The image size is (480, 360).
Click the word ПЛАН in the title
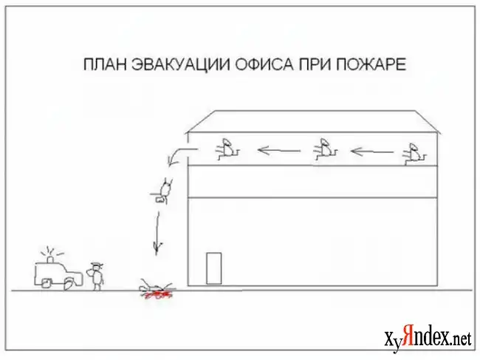(x=105, y=64)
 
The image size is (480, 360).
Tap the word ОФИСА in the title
(x=264, y=64)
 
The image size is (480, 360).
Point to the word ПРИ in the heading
(x=315, y=64)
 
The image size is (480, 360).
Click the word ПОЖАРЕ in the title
(x=371, y=64)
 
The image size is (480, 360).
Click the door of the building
(x=213, y=268)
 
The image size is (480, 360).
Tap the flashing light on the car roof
(x=50, y=259)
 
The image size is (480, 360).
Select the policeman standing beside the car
(x=97, y=276)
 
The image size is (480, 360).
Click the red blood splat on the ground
(x=157, y=295)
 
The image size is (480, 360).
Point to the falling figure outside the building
(x=163, y=191)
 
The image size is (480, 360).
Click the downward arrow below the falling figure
(x=157, y=233)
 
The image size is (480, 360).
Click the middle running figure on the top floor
(x=325, y=149)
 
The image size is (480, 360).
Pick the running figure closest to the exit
(x=227, y=149)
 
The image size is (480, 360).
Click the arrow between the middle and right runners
(x=372, y=152)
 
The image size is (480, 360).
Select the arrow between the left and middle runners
(x=278, y=150)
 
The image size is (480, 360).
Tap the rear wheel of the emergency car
(x=46, y=283)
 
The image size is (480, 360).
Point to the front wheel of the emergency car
(x=69, y=284)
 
